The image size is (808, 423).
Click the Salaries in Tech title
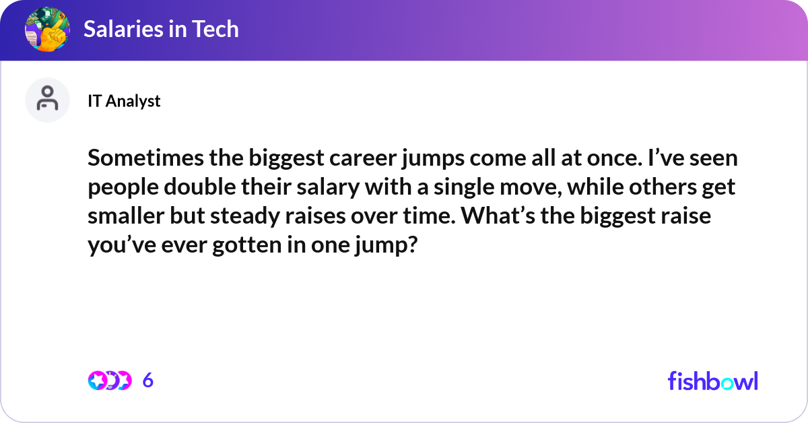161,29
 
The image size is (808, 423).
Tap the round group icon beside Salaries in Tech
47,29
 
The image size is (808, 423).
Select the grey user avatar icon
47,100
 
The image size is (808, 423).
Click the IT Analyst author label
124,101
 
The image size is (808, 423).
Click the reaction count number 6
148,381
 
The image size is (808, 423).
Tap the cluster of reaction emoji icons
109,381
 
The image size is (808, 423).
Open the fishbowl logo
712,381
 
